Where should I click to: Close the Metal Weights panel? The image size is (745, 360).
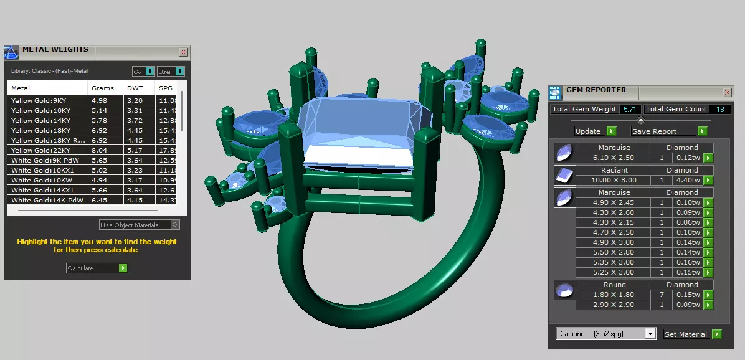(x=183, y=52)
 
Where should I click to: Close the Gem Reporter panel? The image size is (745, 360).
(x=727, y=92)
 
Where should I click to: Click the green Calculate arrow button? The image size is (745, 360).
(x=123, y=268)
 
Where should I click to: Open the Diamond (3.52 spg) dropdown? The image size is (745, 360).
(x=650, y=334)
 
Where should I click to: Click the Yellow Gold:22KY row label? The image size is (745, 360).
(x=40, y=150)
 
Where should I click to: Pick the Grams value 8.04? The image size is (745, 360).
(x=100, y=150)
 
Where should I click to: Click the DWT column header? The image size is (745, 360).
(x=135, y=88)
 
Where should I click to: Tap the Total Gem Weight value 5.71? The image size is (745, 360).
(x=629, y=109)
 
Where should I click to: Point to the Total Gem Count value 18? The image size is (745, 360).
(x=719, y=109)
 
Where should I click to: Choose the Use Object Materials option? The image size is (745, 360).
(x=129, y=225)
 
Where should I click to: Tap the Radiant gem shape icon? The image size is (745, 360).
(x=564, y=174)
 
